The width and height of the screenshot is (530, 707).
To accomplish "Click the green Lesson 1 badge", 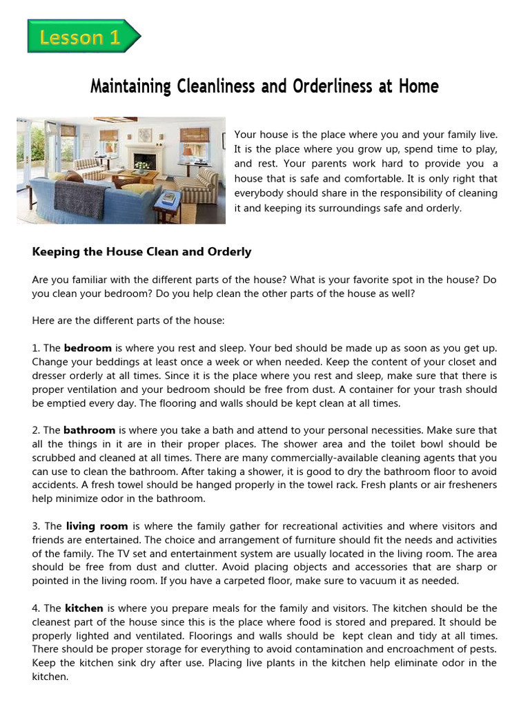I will [x=82, y=37].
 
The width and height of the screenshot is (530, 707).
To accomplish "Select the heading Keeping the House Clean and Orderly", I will [x=141, y=252].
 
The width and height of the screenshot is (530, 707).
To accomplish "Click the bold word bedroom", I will [x=88, y=349].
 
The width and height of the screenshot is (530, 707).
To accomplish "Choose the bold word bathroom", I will [x=89, y=430].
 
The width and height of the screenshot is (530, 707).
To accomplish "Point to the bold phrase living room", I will [x=97, y=526].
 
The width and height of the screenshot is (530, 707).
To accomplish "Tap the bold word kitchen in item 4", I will [x=84, y=608].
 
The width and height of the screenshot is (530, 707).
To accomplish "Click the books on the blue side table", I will [x=168, y=197].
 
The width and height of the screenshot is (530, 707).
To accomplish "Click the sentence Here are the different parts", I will [x=128, y=321].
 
